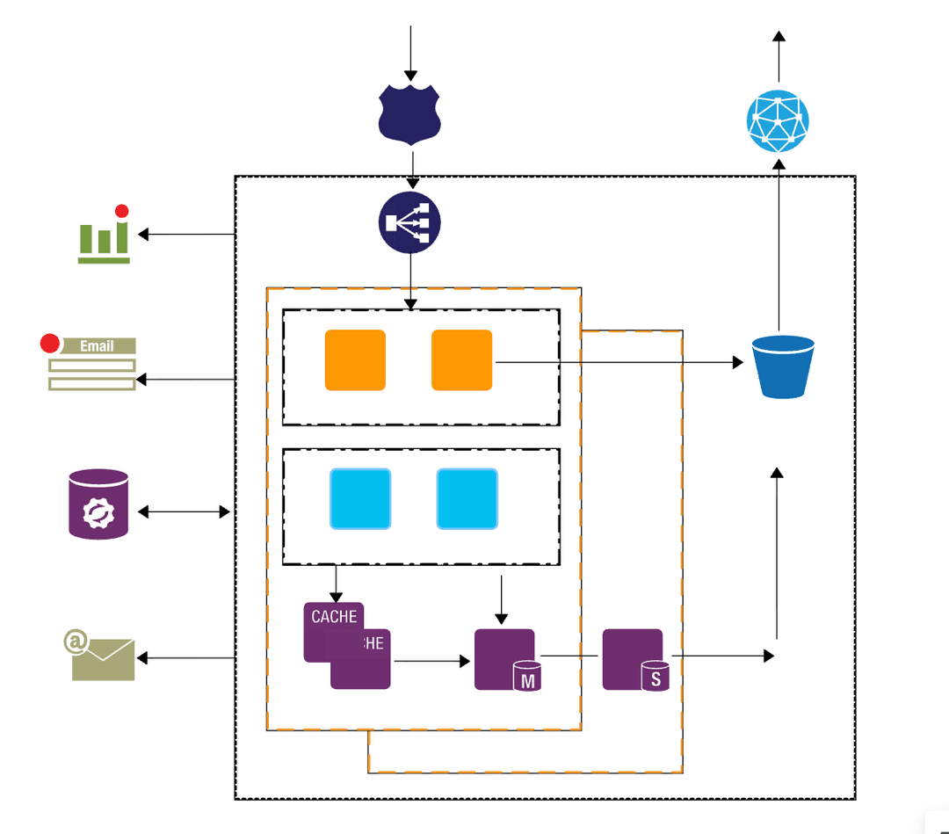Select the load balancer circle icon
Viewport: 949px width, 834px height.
pos(409,223)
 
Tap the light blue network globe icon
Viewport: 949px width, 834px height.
pos(778,122)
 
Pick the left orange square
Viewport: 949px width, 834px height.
pos(355,359)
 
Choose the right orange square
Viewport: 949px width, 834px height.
pos(461,359)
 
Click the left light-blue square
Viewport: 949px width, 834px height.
pos(360,499)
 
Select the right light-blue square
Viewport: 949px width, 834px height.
pos(467,499)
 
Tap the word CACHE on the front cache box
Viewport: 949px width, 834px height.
pos(334,617)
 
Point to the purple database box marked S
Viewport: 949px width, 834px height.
pos(633,659)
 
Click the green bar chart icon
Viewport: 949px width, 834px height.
pos(104,239)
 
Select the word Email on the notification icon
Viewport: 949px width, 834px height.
pos(97,346)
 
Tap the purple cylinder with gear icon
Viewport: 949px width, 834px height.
pos(98,504)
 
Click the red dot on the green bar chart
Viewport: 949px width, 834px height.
pos(122,211)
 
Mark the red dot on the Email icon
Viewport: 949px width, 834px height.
pos(50,343)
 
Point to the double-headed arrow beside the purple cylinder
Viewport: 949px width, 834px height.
pos(184,511)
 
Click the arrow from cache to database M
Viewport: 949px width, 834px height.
pos(431,660)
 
